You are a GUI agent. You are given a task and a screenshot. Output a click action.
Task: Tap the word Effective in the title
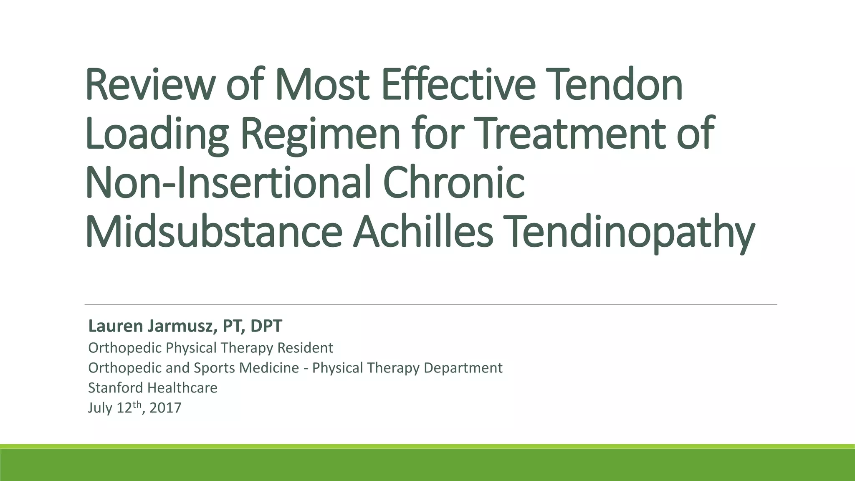[458, 85]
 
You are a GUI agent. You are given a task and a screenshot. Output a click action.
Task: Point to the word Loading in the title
[157, 134]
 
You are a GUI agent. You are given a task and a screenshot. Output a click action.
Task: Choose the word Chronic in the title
[453, 182]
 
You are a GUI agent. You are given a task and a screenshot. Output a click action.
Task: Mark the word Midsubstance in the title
[214, 232]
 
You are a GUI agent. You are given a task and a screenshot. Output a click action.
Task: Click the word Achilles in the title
[423, 232]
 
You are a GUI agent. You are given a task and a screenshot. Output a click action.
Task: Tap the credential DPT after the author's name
[266, 326]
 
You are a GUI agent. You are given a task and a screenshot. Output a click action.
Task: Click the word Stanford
[115, 388]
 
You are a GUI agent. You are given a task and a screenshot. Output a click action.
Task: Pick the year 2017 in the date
[165, 408]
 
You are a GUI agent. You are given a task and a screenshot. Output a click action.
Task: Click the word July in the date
[100, 408]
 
